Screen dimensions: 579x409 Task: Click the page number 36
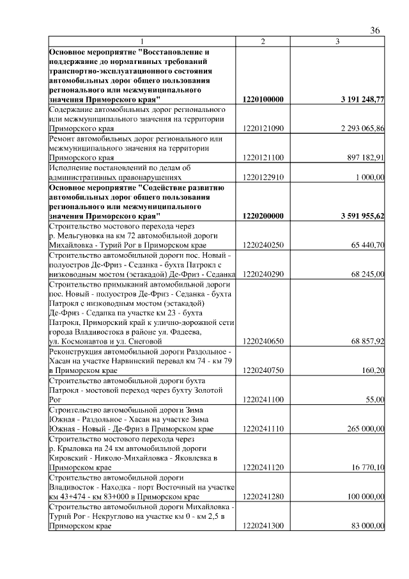click(375, 31)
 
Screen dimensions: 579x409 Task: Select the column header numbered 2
click(263, 42)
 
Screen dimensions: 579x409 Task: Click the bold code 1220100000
click(263, 100)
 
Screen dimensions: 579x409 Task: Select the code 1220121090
click(263, 129)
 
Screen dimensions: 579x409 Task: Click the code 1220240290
click(263, 274)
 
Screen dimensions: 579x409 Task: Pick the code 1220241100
click(263, 399)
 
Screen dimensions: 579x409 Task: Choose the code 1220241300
click(263, 525)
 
